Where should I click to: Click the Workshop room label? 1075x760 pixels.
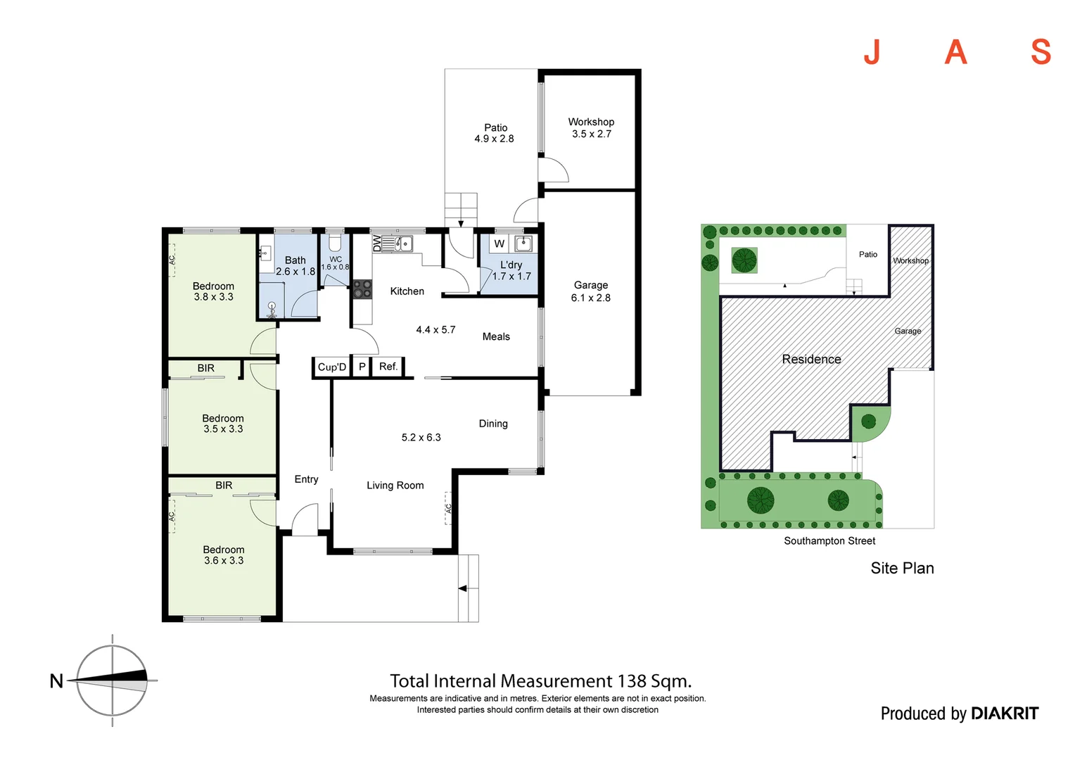click(591, 122)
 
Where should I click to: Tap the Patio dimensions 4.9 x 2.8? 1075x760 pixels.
click(494, 139)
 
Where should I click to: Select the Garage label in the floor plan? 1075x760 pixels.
click(590, 285)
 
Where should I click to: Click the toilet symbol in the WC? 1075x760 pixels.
click(336, 243)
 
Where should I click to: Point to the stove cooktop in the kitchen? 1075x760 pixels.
click(362, 289)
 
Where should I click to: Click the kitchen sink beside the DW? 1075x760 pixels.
click(403, 243)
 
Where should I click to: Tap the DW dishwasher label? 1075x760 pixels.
click(376, 243)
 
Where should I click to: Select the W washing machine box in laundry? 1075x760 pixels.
click(499, 243)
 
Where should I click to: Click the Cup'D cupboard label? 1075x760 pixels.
click(332, 367)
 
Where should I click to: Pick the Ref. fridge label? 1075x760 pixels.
click(388, 367)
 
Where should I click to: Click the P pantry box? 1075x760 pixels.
click(362, 367)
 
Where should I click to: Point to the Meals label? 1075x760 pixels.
click(496, 337)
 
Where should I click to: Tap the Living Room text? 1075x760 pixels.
click(395, 486)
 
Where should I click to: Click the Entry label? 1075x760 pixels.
click(306, 479)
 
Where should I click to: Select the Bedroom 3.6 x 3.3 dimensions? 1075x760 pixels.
click(224, 561)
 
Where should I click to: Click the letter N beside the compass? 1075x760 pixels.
click(56, 681)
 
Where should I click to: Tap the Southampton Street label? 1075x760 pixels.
click(829, 541)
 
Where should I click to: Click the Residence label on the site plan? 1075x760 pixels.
click(811, 360)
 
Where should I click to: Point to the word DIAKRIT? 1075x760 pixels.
click(1004, 714)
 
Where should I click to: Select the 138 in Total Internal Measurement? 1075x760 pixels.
click(632, 681)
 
